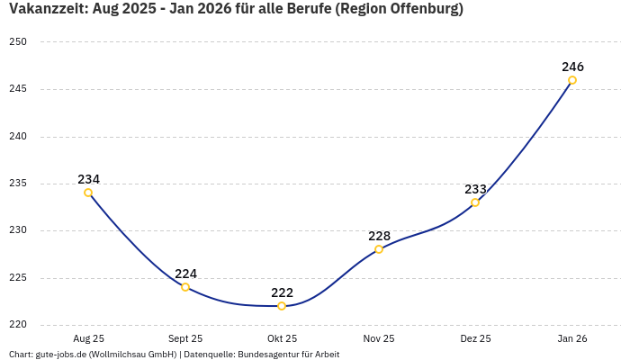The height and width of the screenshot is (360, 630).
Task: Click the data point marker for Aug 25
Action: pos(88,193)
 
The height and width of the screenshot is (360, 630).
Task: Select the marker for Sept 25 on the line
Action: pos(185,287)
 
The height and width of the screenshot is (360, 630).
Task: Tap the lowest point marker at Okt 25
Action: pos(282,306)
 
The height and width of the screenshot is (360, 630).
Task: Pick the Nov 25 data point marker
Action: pos(379,249)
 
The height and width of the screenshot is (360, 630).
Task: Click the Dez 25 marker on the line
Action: pos(475,202)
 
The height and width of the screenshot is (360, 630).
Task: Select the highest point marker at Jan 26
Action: pos(572,80)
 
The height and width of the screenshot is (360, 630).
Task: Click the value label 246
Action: pos(572,67)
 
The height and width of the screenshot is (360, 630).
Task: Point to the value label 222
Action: pos(282,292)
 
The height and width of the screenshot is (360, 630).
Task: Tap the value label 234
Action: pos(88,179)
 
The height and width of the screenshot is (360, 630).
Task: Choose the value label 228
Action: pos(379,236)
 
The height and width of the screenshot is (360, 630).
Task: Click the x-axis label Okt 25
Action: pos(282,339)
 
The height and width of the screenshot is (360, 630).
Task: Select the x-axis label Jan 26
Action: pos(572,339)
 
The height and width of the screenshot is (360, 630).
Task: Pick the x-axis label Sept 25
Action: pos(185,339)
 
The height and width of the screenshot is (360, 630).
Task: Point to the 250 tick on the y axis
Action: pos(18,42)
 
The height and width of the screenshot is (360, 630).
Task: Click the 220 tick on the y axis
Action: pos(18,325)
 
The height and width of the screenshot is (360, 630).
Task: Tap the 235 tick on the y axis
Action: pos(18,184)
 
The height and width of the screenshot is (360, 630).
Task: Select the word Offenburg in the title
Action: pos(422,11)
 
